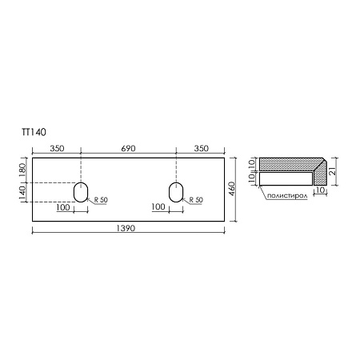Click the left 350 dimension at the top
[56, 149]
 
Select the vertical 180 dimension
[22, 170]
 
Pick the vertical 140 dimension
[22, 192]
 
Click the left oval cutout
[81, 192]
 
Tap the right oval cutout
[177, 192]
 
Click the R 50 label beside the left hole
[102, 200]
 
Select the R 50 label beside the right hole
[196, 200]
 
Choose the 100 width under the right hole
[158, 207]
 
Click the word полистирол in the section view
[286, 194]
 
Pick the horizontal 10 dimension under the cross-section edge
[318, 191]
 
